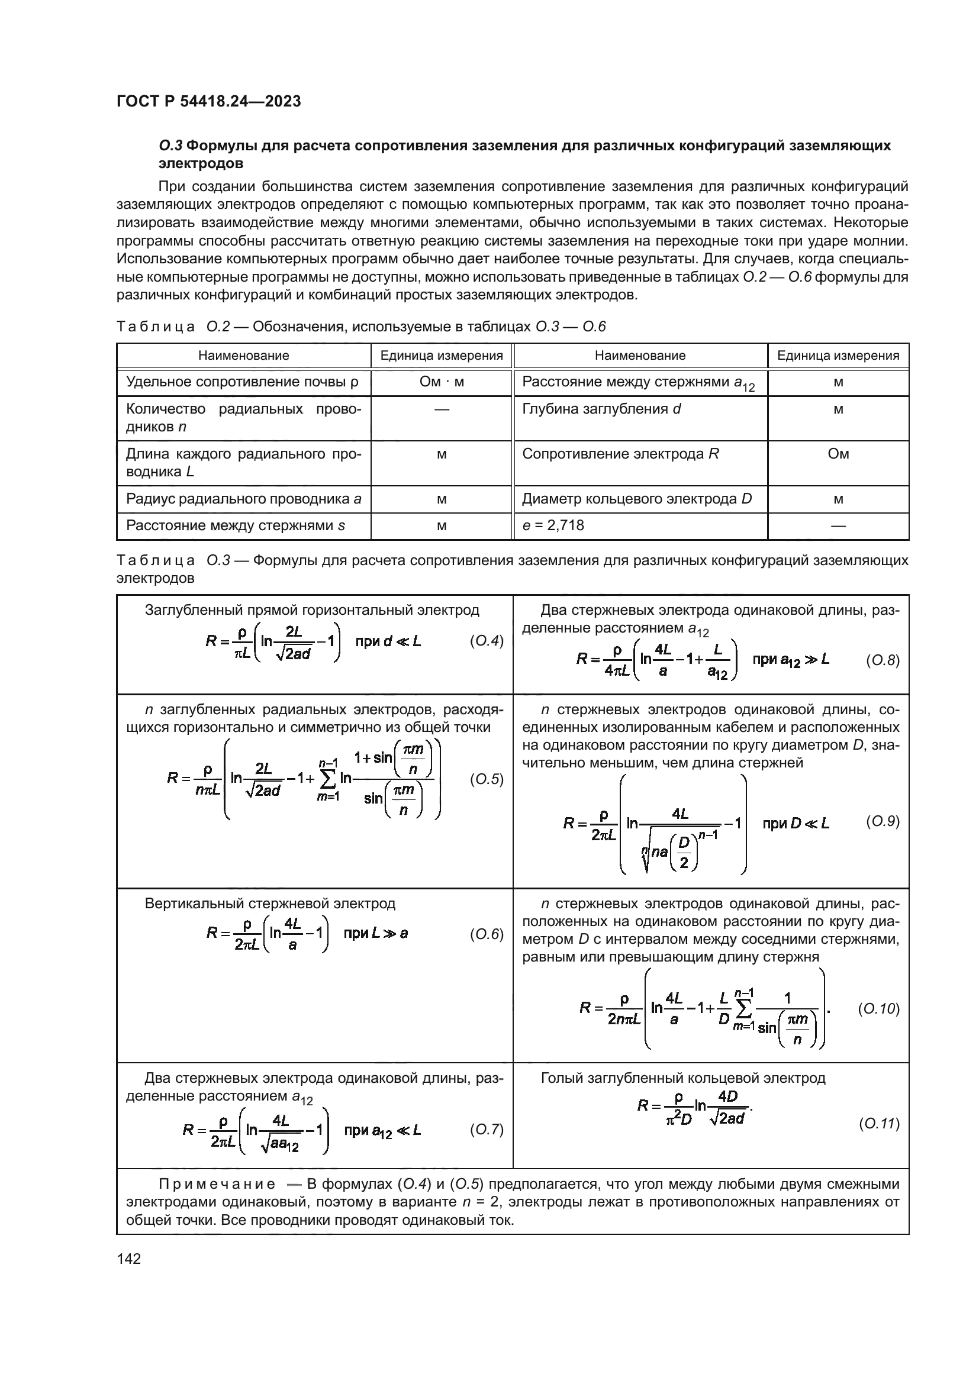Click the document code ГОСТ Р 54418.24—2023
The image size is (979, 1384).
click(x=208, y=102)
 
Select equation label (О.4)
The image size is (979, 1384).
click(x=486, y=641)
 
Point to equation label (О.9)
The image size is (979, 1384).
click(x=883, y=821)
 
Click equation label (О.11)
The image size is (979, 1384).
click(x=878, y=1124)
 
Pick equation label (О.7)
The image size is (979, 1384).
click(x=486, y=1129)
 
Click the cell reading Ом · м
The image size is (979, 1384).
click(x=442, y=382)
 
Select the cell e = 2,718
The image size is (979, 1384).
click(x=553, y=525)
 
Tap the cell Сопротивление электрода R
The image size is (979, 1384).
click(x=620, y=454)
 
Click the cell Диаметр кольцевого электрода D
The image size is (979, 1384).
click(x=637, y=499)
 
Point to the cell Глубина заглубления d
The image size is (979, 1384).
click(x=601, y=409)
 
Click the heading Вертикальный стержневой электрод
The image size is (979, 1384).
click(x=270, y=904)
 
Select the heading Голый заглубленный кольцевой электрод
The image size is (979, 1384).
click(x=683, y=1079)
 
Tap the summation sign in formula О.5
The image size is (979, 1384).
click(x=329, y=779)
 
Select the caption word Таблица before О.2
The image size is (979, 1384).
click(x=156, y=327)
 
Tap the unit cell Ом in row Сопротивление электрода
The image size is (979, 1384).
click(x=838, y=454)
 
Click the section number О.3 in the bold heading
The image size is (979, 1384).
click(x=170, y=146)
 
